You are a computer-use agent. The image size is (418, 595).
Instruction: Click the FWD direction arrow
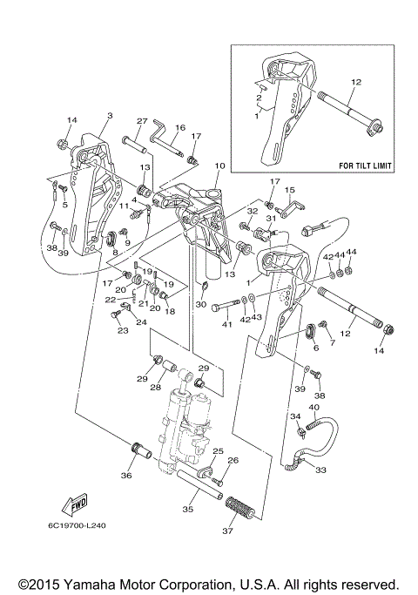[x=75, y=504]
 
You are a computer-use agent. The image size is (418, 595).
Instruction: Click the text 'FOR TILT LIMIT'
[x=365, y=166]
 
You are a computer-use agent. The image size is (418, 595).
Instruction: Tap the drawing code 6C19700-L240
[x=77, y=525]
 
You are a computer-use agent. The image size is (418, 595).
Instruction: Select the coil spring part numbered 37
[x=241, y=508]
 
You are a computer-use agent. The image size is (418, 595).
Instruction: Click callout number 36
[x=126, y=475]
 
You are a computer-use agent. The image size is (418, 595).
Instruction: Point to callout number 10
[x=219, y=166]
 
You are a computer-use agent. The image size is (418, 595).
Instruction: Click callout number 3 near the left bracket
[x=110, y=116]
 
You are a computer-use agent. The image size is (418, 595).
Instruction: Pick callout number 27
[x=142, y=121]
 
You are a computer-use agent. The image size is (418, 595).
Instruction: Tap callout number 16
[x=180, y=127]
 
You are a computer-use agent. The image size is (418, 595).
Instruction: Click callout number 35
[x=187, y=509]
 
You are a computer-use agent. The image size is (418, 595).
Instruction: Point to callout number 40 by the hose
[x=314, y=407]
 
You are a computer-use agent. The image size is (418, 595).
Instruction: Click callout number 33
[x=320, y=470]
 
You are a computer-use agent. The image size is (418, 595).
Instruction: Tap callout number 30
[x=201, y=305]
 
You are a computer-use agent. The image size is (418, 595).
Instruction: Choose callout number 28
[x=156, y=388]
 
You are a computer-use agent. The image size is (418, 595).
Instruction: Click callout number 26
[x=233, y=460]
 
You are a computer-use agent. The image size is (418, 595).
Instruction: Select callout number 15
[x=290, y=190]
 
